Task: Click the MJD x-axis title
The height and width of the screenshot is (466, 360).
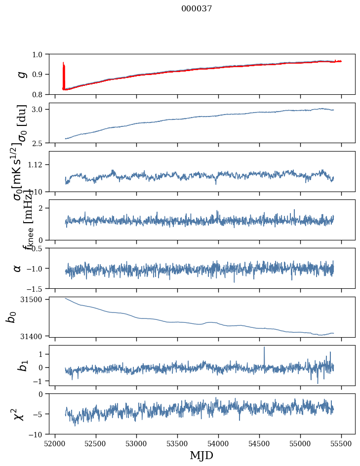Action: tap(201, 455)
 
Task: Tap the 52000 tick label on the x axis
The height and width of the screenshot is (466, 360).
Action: tap(55, 443)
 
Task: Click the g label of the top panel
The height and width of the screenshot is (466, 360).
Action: tap(21, 74)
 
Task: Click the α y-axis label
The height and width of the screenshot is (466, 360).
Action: tap(18, 268)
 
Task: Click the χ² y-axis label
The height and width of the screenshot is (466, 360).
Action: tap(19, 414)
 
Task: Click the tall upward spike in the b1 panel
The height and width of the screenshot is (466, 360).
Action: tap(264, 349)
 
